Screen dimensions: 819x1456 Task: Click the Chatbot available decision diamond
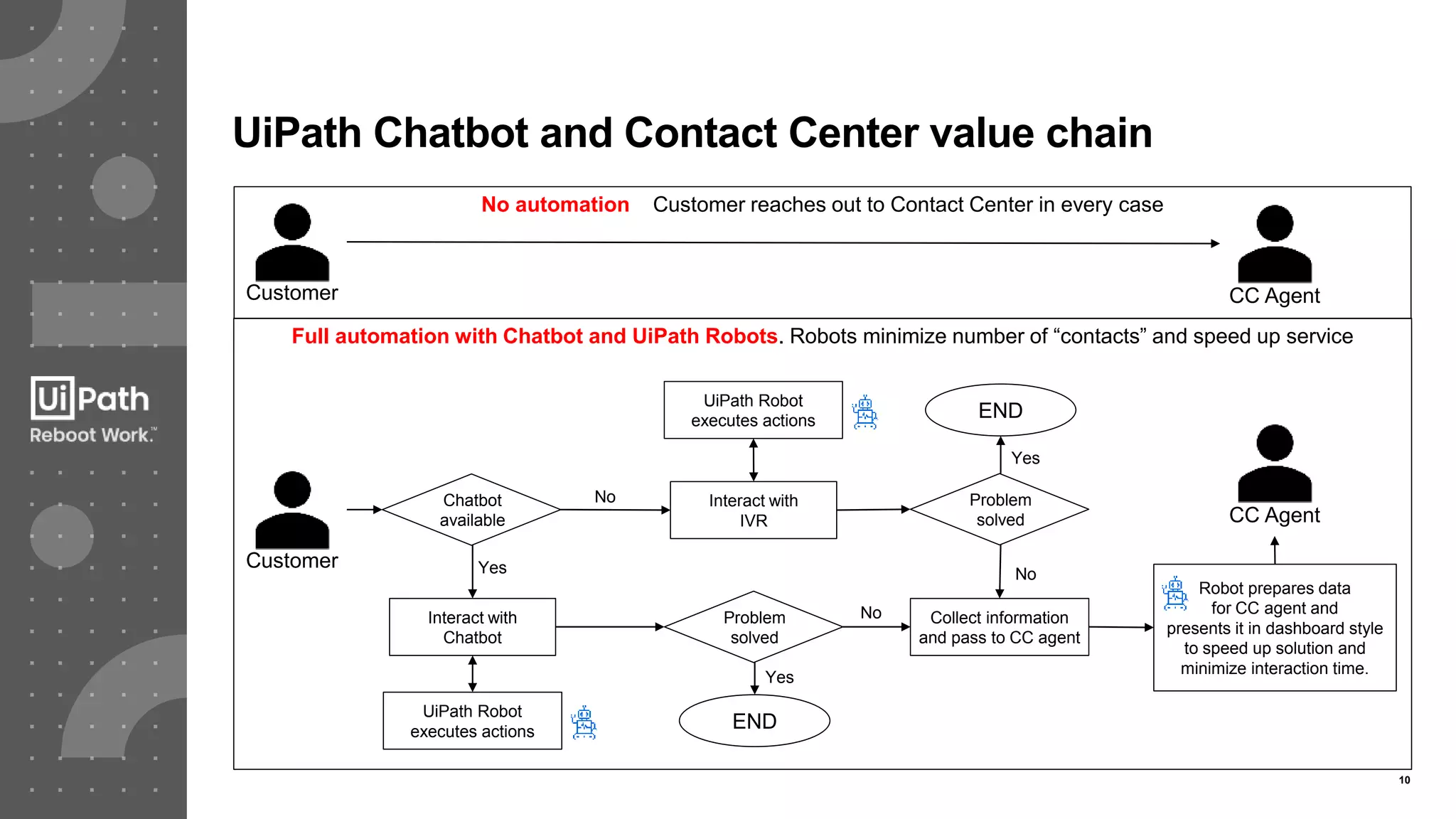471,510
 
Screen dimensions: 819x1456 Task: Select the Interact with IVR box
753,510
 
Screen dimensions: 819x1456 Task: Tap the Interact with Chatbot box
472,627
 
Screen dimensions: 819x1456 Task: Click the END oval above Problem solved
1000,410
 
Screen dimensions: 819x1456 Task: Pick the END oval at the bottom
754,721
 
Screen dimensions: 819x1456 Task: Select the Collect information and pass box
999,627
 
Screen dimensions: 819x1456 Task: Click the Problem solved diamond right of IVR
1000,510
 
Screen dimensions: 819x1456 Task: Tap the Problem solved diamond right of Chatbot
754,627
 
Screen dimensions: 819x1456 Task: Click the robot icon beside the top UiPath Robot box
864,412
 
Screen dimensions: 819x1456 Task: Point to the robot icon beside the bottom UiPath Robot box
584,723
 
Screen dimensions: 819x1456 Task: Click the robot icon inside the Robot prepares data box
1174,594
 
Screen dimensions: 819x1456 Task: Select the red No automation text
555,205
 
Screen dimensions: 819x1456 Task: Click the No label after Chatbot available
605,497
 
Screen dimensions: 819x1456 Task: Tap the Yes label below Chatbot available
492,567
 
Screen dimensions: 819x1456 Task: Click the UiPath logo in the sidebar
90,398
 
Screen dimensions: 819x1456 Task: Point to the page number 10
1404,780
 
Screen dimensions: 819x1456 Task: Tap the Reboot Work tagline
92,435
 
